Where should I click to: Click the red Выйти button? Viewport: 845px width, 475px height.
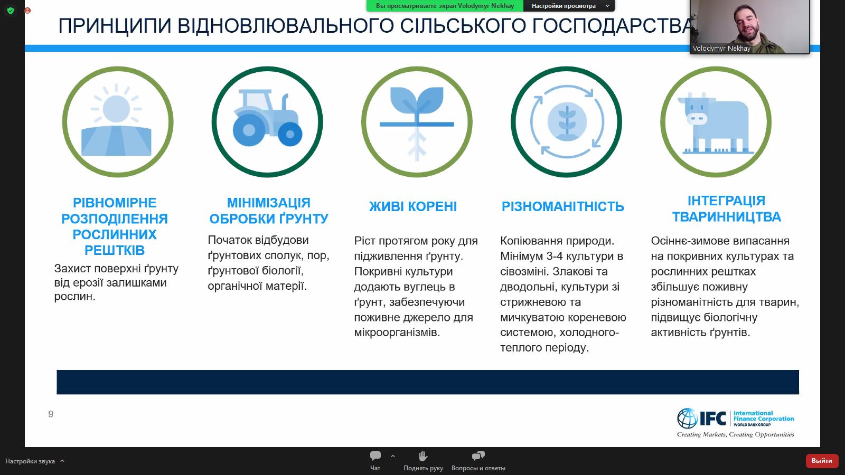coord(822,461)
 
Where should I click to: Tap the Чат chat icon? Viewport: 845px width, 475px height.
coord(375,456)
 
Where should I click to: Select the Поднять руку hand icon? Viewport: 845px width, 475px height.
coord(423,456)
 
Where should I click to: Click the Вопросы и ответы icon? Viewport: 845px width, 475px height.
coord(478,456)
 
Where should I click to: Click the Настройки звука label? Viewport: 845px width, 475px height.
coord(30,461)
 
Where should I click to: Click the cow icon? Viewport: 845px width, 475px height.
coord(716,122)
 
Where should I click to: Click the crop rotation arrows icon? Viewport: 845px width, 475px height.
coord(566,122)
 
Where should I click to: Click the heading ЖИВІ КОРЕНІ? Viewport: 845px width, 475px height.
coord(413,206)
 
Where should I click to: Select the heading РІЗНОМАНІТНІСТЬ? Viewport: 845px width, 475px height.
coord(562,206)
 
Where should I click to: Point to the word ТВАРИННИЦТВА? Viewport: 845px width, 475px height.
coord(726,217)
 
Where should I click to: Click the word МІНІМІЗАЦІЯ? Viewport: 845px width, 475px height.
coord(268,203)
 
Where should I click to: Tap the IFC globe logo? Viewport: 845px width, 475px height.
coord(687,419)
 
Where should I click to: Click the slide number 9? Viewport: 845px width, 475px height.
coord(51,414)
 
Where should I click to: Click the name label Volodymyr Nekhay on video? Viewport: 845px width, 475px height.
coord(721,49)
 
